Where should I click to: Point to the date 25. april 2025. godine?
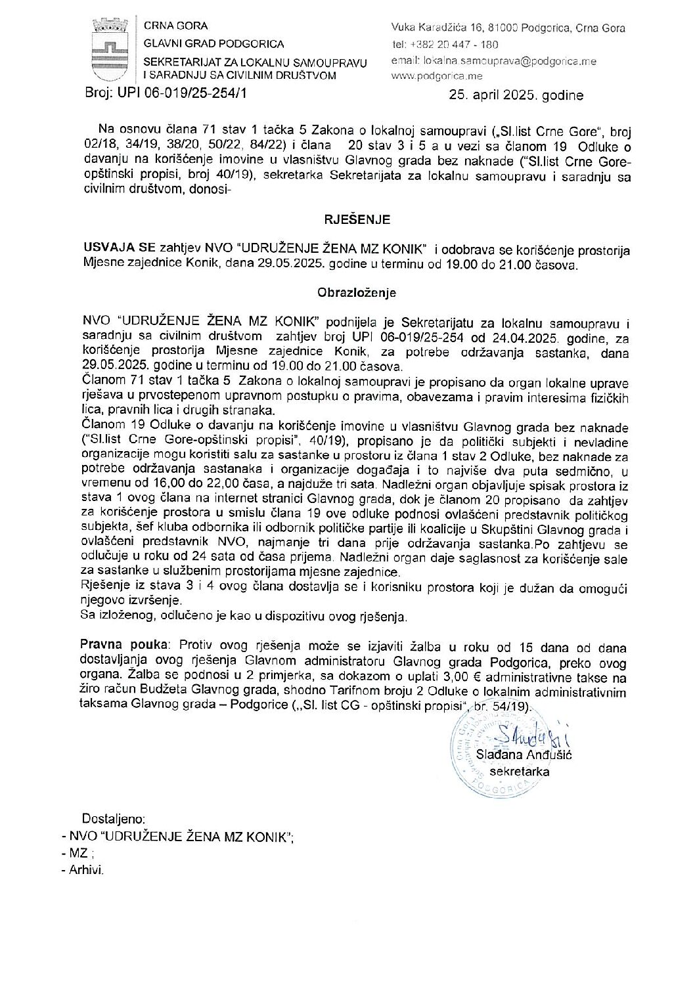(516, 95)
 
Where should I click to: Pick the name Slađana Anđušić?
(524, 754)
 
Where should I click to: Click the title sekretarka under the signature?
(524, 771)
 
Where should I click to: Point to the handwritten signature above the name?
(526, 735)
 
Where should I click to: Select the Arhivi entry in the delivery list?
(86, 870)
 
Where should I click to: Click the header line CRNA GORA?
(176, 26)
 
